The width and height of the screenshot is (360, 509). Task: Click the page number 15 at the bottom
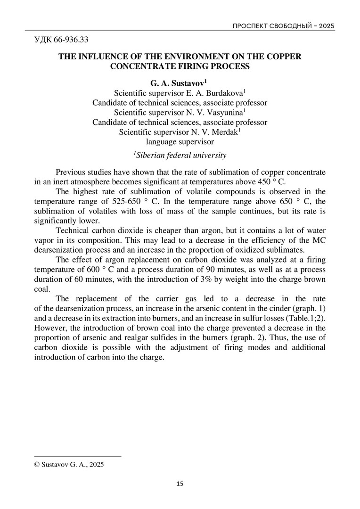coord(180,484)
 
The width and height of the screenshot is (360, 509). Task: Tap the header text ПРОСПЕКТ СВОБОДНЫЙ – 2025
coord(284,25)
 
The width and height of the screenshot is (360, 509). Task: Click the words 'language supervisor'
coord(180,142)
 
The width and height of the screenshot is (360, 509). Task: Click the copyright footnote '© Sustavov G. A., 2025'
coord(69,464)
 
